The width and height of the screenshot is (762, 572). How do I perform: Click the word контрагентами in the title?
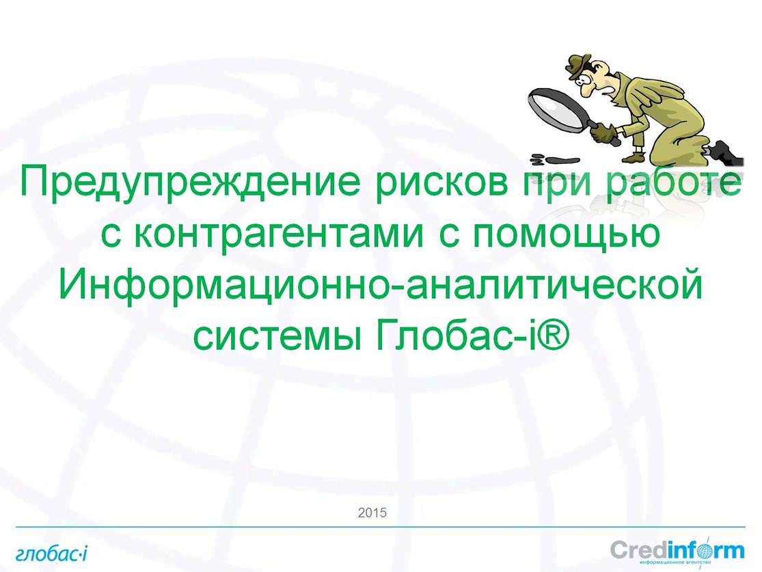pos(278,234)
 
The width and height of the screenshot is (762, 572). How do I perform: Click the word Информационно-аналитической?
pos(381,284)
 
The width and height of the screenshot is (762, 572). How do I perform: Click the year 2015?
pos(372,513)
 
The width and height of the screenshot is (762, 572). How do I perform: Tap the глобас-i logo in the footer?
pos(51,554)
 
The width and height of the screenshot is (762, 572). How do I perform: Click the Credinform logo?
pos(677,551)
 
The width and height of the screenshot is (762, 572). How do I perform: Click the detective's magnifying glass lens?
pos(556,109)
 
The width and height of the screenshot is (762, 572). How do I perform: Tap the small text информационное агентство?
pos(676,562)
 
